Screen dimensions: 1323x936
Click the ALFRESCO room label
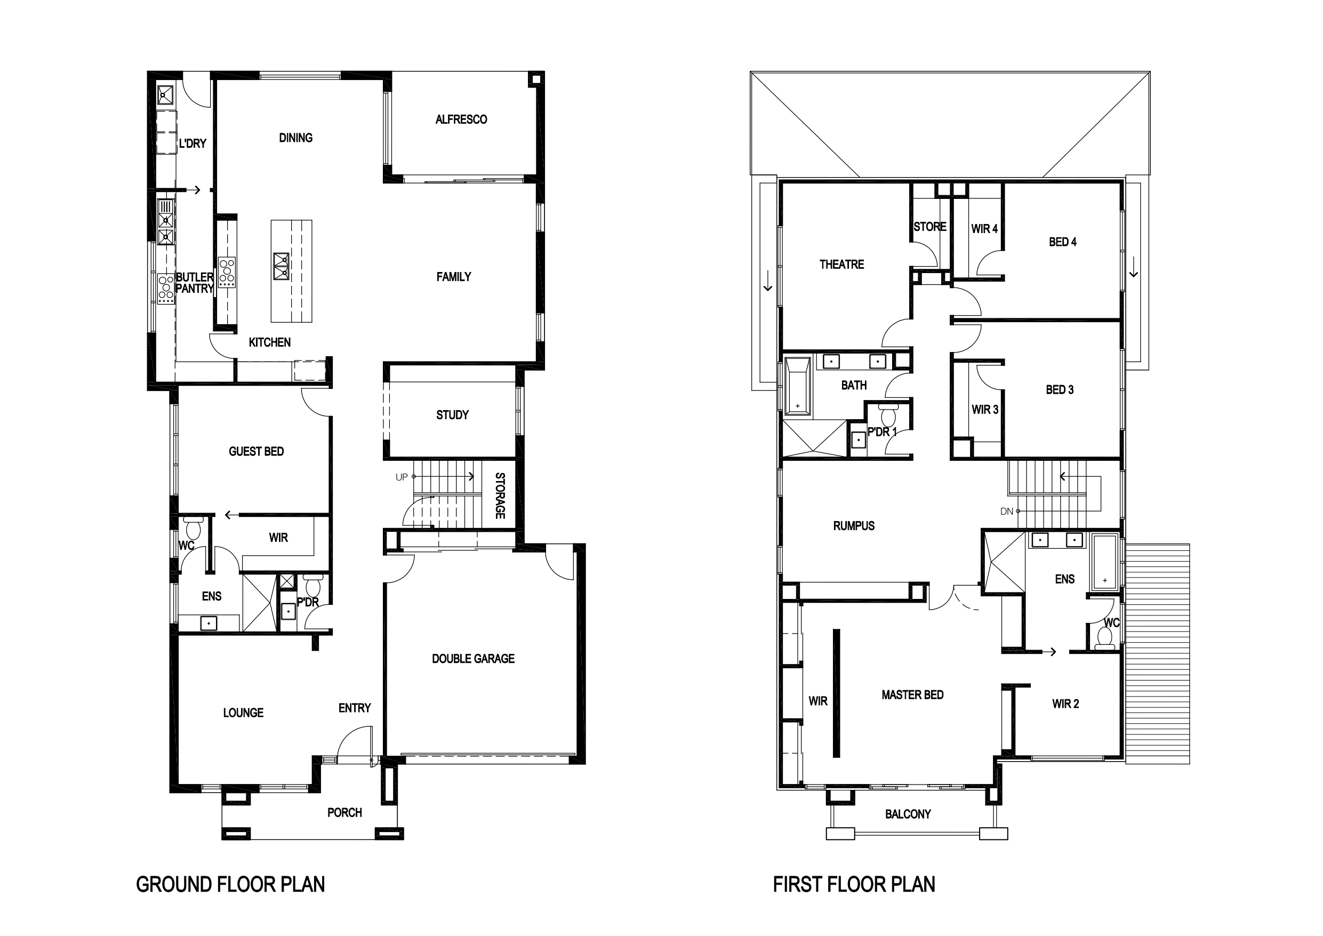point(461,119)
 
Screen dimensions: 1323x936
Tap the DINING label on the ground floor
point(295,138)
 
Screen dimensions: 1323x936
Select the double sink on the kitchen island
point(281,266)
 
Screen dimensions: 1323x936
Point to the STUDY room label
point(452,415)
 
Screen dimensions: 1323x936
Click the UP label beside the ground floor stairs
point(402,477)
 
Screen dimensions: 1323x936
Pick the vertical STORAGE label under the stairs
point(500,495)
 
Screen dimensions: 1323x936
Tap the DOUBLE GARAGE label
point(473,659)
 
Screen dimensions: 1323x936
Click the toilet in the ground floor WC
point(193,527)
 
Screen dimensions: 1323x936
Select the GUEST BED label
point(256,451)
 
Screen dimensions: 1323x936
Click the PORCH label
point(344,813)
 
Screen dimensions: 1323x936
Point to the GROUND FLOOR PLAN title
point(230,884)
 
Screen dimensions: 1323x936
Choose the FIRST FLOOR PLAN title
point(854,884)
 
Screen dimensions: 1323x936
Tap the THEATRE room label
point(842,265)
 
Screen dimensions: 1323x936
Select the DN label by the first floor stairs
point(1007,511)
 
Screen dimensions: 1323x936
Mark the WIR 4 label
point(984,229)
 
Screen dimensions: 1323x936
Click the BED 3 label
point(1060,390)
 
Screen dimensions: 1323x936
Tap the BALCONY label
point(908,814)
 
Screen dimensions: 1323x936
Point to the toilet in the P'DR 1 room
point(888,414)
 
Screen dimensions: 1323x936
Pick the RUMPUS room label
point(854,526)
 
